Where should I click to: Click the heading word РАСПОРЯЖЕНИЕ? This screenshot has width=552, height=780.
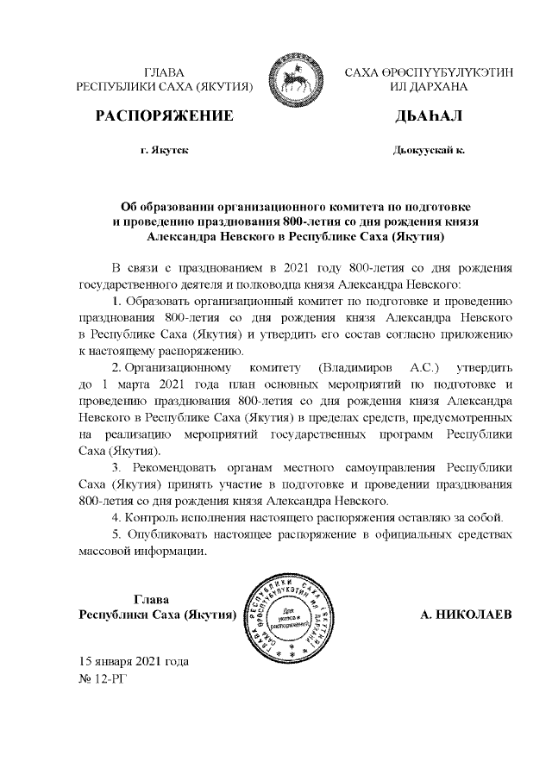tap(164, 116)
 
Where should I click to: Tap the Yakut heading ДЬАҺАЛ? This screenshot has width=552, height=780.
tap(429, 116)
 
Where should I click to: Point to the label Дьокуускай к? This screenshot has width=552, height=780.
tap(429, 150)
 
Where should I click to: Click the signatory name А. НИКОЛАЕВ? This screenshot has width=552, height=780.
tap(466, 615)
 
